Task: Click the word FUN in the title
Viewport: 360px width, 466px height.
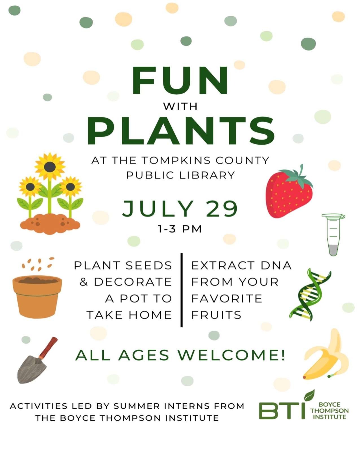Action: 180,80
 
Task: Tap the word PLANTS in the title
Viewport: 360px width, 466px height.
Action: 181,130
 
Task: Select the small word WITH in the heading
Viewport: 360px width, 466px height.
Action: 180,106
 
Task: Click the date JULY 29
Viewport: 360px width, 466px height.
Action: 180,208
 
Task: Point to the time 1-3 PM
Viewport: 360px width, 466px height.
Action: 180,229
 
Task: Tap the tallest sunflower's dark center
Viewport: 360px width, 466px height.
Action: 50,167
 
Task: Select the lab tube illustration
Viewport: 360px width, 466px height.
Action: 333,235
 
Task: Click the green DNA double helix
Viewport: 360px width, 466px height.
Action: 310,295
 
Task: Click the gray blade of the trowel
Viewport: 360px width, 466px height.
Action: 32,369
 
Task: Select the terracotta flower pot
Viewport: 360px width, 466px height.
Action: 37,297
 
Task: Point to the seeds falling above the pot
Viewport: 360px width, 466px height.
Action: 38,264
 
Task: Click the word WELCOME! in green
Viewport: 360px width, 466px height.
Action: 232,355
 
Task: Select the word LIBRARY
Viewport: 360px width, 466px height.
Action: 207,175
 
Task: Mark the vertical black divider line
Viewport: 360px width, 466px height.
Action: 182,290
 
